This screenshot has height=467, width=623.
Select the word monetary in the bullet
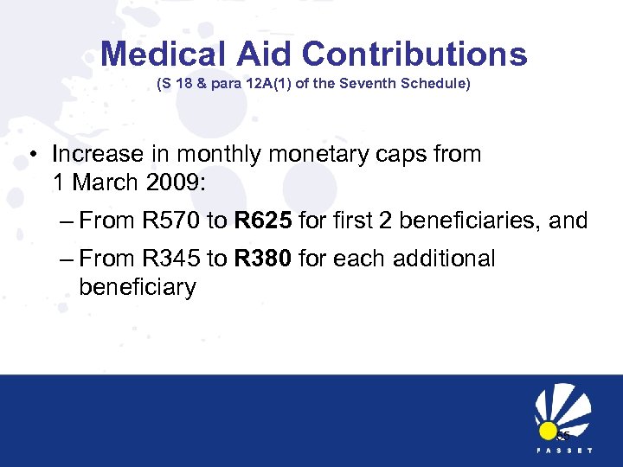coord(314,155)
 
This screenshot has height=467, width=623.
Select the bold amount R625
coord(260,221)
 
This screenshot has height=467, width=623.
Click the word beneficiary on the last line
coord(138,287)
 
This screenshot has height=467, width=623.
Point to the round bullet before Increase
coord(32,156)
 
